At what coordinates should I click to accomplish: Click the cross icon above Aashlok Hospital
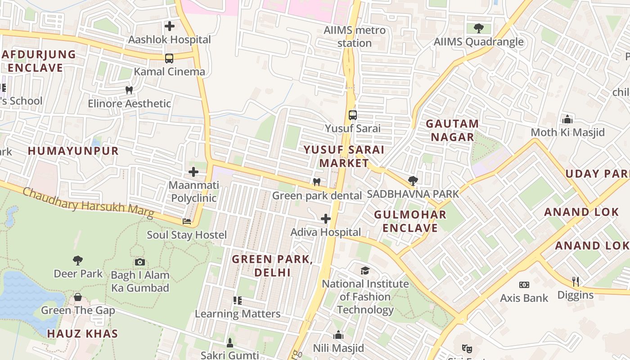pos(170,26)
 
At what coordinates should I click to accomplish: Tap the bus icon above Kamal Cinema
pos(169,58)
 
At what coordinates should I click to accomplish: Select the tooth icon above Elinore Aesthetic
pos(129,90)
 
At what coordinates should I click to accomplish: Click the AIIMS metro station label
pos(355,37)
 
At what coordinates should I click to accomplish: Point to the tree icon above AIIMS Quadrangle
pos(478,28)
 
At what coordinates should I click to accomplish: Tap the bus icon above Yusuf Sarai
pos(353,115)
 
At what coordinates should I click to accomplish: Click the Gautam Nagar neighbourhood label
pos(452,130)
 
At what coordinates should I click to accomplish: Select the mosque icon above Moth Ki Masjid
pos(567,119)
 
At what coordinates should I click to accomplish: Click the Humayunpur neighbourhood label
pos(73,151)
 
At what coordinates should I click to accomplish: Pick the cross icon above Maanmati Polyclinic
pos(193,172)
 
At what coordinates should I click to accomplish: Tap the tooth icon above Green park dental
pos(317,182)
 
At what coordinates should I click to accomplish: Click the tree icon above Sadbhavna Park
pos(413,181)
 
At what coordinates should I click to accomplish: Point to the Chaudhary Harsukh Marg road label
pos(88,204)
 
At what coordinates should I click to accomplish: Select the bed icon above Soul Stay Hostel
pos(187,221)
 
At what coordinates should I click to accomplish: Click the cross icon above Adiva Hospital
pos(325,219)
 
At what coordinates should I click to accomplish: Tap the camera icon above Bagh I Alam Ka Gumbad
pos(140,262)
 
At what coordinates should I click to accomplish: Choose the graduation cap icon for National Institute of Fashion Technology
pos(365,270)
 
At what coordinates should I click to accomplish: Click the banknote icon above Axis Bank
pos(524,285)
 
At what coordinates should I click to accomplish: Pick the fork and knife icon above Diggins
pos(575,282)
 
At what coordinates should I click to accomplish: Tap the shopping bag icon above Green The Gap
pos(78,297)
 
